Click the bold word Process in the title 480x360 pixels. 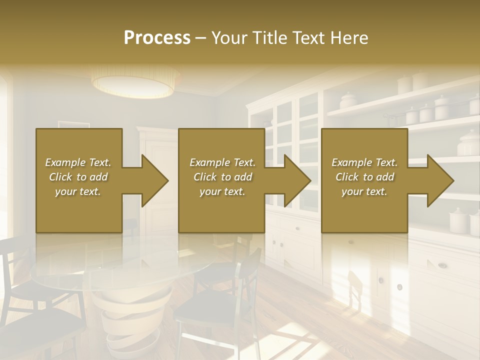point(157,38)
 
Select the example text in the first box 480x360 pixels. point(78,177)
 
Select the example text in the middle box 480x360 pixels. point(222,177)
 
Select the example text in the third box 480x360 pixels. point(364,177)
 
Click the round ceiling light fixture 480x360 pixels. point(135,82)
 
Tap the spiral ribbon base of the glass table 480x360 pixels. point(120,320)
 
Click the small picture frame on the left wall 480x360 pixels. point(73,125)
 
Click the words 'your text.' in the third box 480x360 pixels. point(364,191)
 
